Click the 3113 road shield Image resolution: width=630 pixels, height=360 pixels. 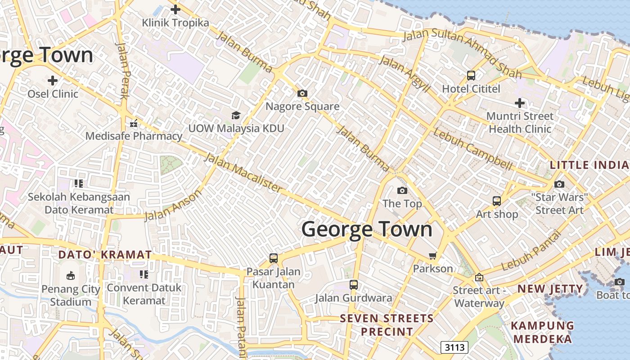(x=454, y=347)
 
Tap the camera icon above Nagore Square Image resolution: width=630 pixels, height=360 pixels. (x=302, y=94)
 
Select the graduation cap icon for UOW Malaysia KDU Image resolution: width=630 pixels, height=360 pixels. (x=236, y=115)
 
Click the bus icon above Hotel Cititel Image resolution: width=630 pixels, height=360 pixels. (x=471, y=76)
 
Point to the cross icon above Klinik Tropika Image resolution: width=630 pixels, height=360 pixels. (x=175, y=9)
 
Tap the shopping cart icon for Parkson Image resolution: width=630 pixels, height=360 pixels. (x=433, y=256)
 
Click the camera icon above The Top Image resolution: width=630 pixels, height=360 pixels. (x=402, y=190)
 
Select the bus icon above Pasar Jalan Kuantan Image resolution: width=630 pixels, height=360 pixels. (x=273, y=258)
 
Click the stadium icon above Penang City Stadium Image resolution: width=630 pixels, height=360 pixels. (x=71, y=275)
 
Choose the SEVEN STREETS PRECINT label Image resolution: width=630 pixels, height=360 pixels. (x=387, y=325)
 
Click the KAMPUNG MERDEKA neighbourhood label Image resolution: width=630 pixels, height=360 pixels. (x=542, y=332)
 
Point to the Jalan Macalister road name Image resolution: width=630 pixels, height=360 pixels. (x=244, y=173)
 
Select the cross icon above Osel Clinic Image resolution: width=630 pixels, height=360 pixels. (x=53, y=81)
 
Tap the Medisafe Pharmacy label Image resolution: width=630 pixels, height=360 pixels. (x=134, y=136)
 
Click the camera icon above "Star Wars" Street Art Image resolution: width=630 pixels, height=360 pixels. (x=559, y=184)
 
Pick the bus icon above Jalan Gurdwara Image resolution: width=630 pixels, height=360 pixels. (x=353, y=284)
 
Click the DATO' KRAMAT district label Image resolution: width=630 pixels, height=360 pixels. (x=105, y=255)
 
